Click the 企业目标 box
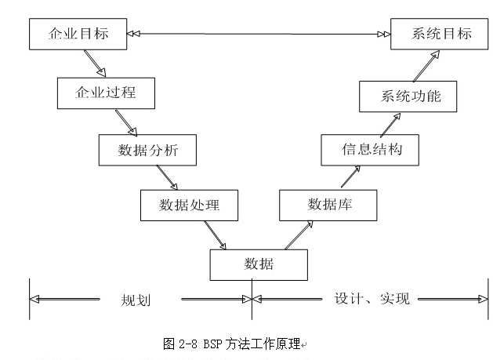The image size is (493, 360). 78,35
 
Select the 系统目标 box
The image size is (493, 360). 441,34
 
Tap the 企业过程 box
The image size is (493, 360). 106,93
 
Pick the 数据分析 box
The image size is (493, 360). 147,150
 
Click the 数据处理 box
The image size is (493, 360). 189,206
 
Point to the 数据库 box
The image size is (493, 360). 328,205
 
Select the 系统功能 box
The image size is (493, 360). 410,96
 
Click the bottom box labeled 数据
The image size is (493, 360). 259,264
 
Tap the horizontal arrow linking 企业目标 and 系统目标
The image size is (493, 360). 259,34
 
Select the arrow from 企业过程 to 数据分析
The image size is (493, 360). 126,122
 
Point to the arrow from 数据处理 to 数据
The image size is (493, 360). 215,235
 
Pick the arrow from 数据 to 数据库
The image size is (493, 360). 295,234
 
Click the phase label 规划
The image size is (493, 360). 135,300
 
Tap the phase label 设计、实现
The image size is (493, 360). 372,299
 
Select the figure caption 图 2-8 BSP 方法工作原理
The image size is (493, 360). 231,344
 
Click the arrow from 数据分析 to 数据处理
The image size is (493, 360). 167,178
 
